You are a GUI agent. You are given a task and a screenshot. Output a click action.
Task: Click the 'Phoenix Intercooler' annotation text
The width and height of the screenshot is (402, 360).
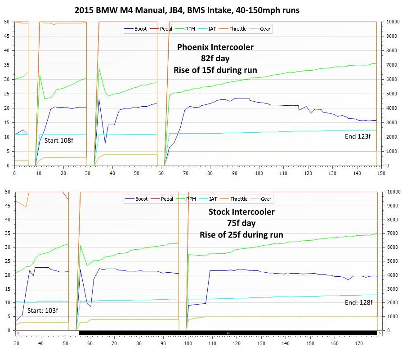tap(215, 47)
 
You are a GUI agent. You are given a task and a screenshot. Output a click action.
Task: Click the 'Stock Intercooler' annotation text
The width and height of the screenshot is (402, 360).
tap(241, 212)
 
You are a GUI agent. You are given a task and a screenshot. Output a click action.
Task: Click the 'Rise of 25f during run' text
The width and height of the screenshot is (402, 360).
tap(241, 234)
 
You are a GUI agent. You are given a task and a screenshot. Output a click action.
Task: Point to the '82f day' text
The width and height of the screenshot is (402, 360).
tap(215, 58)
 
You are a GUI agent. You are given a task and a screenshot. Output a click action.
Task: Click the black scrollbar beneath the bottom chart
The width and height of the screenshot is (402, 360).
tap(228, 333)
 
